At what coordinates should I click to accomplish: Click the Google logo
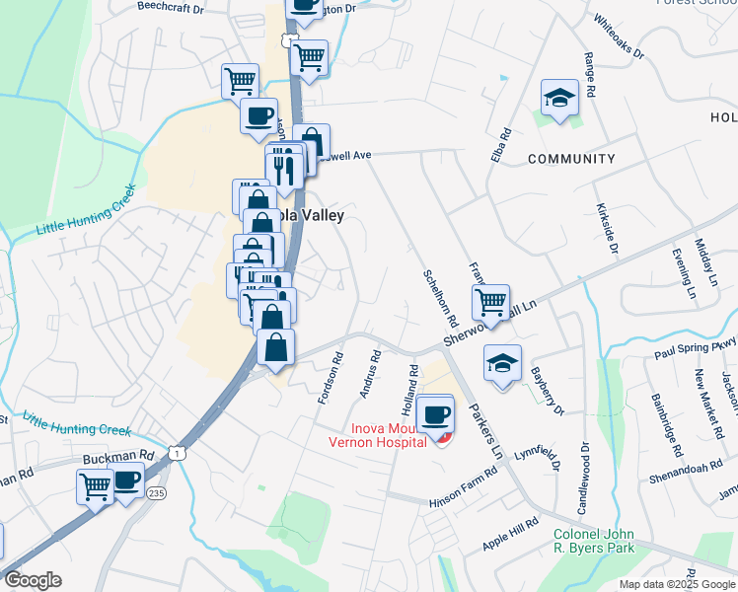coord(32,580)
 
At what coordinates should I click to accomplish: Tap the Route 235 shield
coord(156,492)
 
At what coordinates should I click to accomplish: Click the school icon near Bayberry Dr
coord(502,364)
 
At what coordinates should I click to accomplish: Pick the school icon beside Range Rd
coord(559,99)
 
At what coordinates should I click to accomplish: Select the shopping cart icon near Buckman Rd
coord(95,485)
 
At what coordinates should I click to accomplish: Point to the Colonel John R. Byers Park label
coord(593,541)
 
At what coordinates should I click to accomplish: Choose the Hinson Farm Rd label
coord(463,489)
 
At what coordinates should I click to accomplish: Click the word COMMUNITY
coord(571,159)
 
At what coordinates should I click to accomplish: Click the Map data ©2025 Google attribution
coord(676,584)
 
